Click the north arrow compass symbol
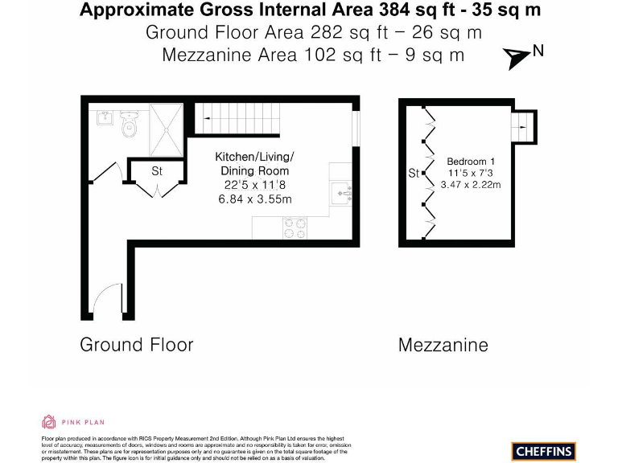point(516,55)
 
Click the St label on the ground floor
point(157,171)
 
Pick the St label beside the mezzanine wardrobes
point(414,173)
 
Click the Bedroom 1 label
point(471,162)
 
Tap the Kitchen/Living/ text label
point(254,157)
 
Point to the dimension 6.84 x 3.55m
point(254,199)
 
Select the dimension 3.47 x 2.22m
point(471,184)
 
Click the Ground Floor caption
point(137,345)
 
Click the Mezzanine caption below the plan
point(443,346)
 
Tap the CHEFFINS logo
point(543,450)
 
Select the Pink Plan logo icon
point(48,422)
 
